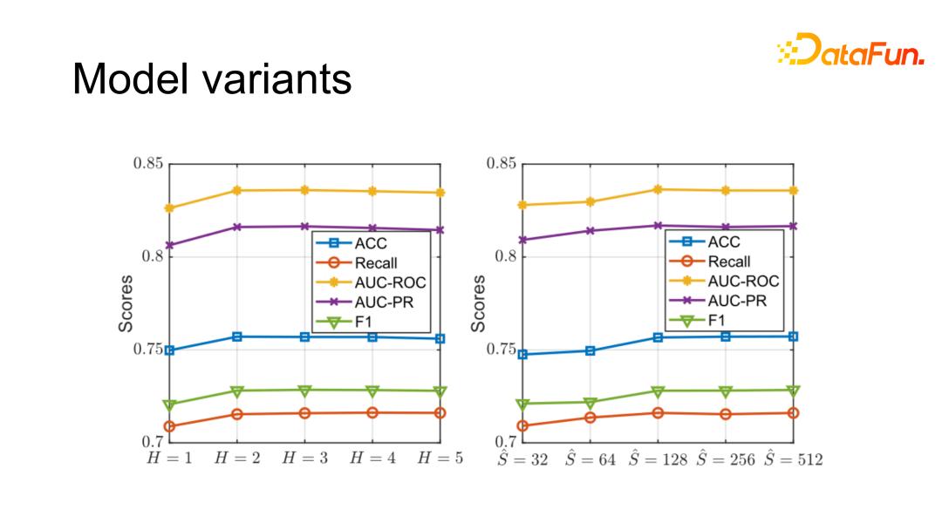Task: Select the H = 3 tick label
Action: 304,459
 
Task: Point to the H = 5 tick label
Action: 440,459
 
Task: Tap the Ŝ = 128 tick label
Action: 658,458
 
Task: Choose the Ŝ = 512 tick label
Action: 793,458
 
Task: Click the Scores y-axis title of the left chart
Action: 126,303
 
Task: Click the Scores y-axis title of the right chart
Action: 479,303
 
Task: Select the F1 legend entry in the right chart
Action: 716,320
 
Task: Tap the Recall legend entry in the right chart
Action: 728,262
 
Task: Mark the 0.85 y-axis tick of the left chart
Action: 147,163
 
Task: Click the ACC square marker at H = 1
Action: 169,350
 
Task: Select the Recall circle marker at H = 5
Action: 440,412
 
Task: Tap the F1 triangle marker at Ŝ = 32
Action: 522,404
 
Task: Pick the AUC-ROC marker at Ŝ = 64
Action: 590,201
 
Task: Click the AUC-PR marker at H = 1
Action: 169,245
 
